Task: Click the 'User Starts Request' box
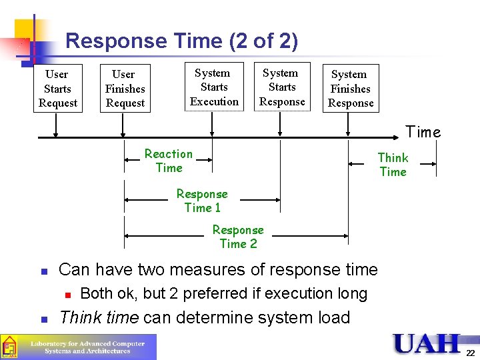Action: point(58,89)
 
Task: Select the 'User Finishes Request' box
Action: point(125,89)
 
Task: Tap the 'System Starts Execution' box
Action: point(214,87)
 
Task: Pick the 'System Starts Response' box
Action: point(282,87)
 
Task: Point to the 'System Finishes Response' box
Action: point(351,89)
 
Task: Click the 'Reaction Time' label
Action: point(169,161)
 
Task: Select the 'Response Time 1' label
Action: point(202,201)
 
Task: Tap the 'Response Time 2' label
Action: point(238,237)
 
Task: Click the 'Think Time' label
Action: point(393,165)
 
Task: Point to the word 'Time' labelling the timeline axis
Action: point(423,132)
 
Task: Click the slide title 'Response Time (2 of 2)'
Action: point(181,41)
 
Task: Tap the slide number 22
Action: point(470,352)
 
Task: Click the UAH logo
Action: point(427,344)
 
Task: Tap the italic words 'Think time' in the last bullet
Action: point(99,317)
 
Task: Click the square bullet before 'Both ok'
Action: point(67,294)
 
